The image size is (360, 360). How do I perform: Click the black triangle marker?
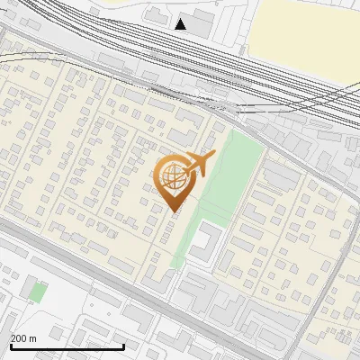pyautogui.click(x=181, y=24)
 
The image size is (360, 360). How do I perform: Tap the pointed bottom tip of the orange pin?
pyautogui.click(x=174, y=212)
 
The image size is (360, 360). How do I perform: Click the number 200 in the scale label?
pyautogui.click(x=19, y=338)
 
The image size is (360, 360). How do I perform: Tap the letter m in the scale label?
pyautogui.click(x=33, y=338)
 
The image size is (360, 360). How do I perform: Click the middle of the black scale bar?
pyautogui.click(x=67, y=346)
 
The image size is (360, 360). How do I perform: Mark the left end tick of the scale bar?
pyautogui.click(x=11, y=345)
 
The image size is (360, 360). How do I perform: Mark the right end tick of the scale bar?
pyautogui.click(x=122, y=345)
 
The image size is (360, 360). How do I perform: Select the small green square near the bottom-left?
pyautogui.click(x=37, y=292)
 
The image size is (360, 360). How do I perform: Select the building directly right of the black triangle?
pyautogui.click(x=202, y=23)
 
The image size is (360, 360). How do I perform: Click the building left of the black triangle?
pyautogui.click(x=157, y=17)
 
